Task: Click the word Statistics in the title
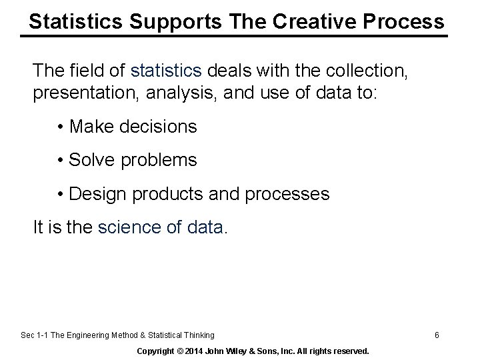(74, 21)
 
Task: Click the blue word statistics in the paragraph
(167, 69)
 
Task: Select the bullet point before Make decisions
(61, 127)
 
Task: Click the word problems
(160, 161)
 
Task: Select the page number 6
(437, 335)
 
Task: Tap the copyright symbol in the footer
(182, 350)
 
